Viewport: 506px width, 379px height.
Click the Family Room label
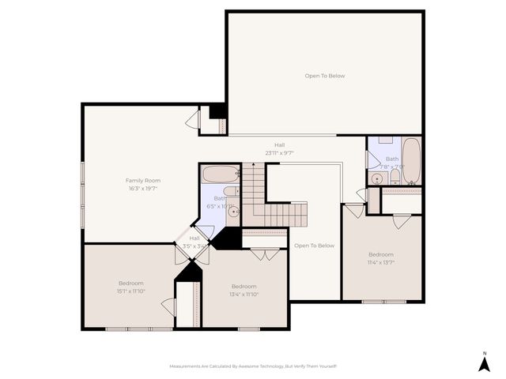[142, 180]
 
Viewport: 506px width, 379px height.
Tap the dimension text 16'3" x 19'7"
[142, 189]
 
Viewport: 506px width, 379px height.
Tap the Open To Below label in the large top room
[324, 76]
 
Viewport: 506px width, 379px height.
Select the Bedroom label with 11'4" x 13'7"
[380, 254]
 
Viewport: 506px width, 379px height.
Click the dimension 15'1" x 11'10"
[131, 291]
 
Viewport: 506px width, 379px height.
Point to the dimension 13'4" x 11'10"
[244, 295]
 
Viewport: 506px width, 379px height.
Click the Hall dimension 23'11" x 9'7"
[279, 153]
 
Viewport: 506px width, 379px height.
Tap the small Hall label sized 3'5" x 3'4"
[194, 246]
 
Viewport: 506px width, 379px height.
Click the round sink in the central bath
[233, 211]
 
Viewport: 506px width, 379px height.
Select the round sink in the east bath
[377, 179]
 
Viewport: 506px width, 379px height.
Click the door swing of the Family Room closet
[192, 120]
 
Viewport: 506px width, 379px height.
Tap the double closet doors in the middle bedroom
[265, 254]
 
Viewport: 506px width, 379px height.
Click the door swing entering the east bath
[372, 159]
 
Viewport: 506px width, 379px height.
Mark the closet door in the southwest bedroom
[168, 306]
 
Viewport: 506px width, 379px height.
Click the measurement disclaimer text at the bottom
[253, 366]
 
